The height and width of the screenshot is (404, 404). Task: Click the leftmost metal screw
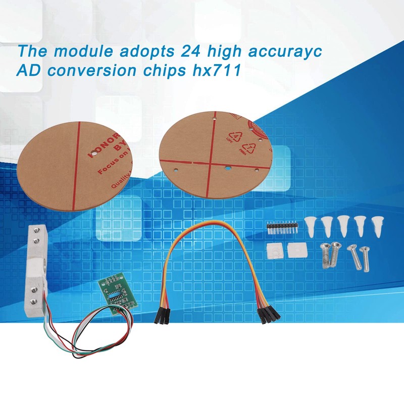(x=326, y=255)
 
